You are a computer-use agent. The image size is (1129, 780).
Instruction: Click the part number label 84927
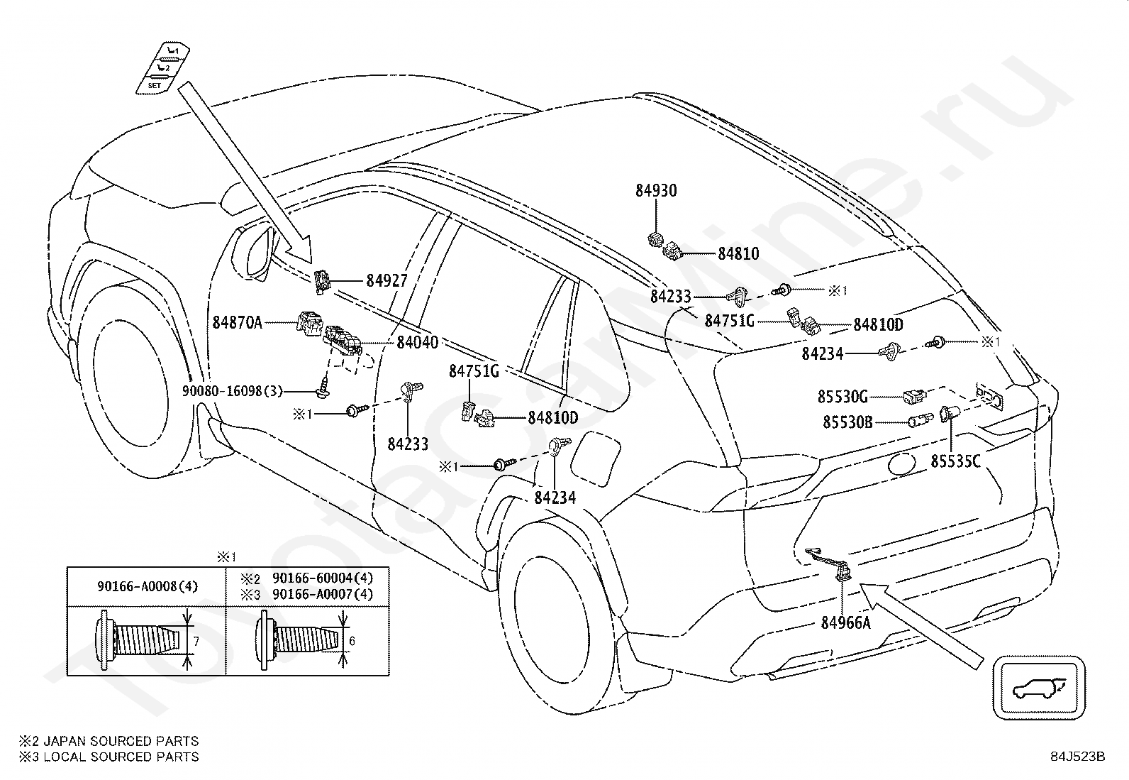(x=386, y=280)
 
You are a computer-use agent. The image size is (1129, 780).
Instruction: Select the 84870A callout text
(x=238, y=322)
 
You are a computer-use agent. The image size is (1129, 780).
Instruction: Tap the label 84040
(x=417, y=342)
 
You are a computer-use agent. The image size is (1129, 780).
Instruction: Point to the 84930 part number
(x=656, y=190)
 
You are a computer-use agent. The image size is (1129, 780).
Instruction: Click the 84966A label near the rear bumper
(x=846, y=622)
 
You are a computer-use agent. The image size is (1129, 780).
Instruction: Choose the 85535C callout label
(x=956, y=461)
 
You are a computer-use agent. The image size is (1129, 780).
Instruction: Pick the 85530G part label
(x=842, y=397)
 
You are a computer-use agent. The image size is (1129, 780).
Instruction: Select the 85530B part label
(x=847, y=422)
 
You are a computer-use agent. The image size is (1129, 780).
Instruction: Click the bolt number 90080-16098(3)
(x=233, y=391)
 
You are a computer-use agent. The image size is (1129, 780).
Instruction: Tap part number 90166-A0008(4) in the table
(x=148, y=586)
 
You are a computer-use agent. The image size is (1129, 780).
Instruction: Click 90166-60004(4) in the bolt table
(x=323, y=578)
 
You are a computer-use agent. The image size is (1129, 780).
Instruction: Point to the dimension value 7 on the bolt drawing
(x=196, y=642)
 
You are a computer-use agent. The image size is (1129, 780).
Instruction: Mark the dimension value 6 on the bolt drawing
(x=352, y=641)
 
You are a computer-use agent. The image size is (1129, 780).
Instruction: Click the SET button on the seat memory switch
(x=154, y=86)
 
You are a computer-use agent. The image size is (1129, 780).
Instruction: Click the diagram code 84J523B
(x=1078, y=757)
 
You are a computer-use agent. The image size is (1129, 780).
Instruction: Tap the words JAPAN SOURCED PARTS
(x=121, y=741)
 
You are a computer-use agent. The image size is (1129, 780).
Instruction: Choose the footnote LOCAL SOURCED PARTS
(x=121, y=757)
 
